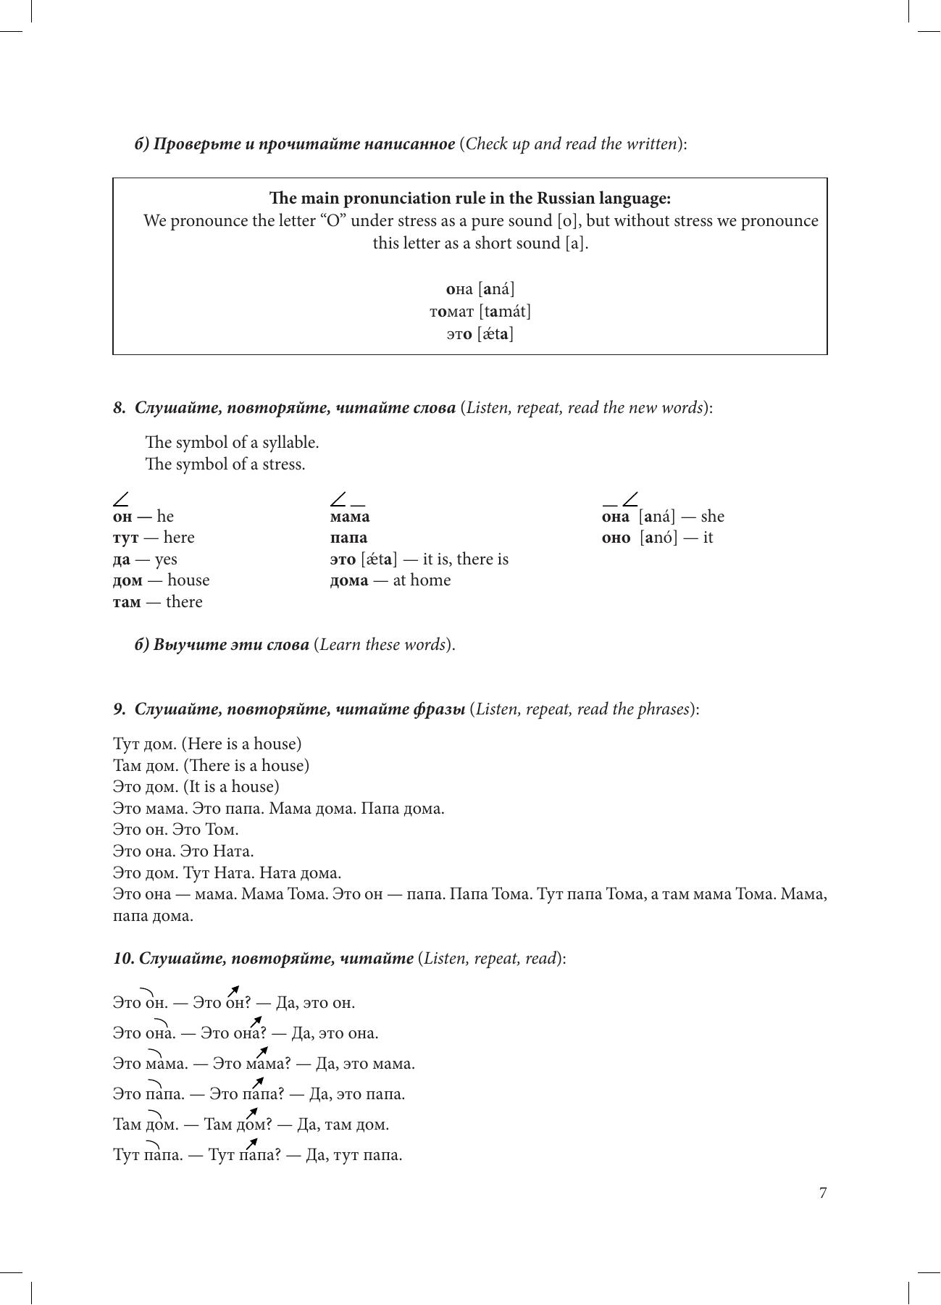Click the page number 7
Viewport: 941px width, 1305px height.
point(822,1193)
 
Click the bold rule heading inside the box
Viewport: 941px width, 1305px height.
point(469,198)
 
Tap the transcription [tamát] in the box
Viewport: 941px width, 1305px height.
point(504,312)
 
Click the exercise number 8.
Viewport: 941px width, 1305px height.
point(120,407)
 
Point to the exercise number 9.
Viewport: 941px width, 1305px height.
point(120,709)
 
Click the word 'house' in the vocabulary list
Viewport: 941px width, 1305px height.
point(188,580)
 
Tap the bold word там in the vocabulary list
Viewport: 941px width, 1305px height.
point(127,602)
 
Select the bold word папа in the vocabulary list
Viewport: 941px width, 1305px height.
point(348,538)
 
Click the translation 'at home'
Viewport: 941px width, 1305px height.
point(422,580)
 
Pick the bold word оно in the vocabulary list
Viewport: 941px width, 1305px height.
point(616,538)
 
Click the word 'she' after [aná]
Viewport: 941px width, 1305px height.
point(713,517)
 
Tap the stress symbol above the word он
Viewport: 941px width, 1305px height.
point(121,499)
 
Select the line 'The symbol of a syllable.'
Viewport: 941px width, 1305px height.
point(232,442)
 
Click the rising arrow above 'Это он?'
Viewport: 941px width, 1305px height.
point(233,991)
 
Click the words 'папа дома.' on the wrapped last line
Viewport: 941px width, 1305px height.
point(153,916)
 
